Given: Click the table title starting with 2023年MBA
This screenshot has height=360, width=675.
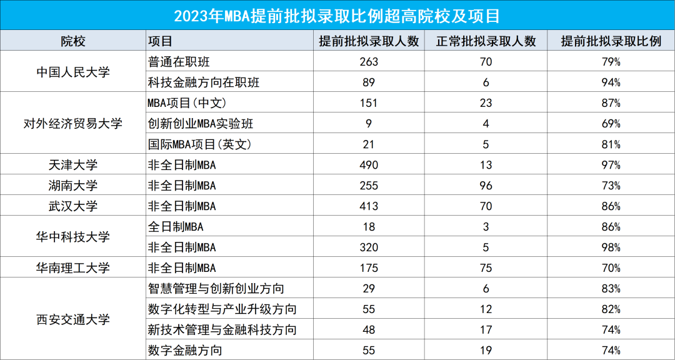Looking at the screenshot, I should coord(337,15).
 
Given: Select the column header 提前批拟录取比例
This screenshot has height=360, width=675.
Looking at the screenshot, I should coord(611,41).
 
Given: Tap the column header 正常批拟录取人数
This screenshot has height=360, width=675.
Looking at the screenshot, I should coord(486,41).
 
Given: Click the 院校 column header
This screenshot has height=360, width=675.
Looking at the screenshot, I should coord(73,41).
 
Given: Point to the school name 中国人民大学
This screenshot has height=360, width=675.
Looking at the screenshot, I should coord(73,72).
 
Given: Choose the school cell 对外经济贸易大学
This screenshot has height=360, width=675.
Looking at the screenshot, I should coord(73,124).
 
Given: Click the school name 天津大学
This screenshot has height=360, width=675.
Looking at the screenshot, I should coord(73,165).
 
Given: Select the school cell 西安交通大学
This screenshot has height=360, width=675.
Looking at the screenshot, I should coord(73,319).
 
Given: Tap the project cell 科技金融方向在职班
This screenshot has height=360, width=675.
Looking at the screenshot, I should coord(204,82).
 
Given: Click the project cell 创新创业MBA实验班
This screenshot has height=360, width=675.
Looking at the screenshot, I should coord(200,124).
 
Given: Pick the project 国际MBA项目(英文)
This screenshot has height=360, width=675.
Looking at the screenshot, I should coord(199,144).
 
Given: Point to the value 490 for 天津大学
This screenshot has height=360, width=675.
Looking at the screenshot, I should coord(369,165).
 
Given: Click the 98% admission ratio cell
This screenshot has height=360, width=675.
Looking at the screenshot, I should coord(611,247).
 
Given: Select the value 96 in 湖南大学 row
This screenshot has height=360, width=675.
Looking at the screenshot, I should coord(486,186).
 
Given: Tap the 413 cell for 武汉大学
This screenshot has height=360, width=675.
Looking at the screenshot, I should coord(369,206).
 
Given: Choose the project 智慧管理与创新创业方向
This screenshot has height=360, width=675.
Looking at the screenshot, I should coord(216,289).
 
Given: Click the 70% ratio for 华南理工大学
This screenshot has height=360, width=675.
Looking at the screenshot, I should coord(611,268).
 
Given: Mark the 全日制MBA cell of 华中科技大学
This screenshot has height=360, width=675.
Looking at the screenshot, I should coord(176,227).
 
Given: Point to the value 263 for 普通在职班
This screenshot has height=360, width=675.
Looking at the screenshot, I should coord(369,62).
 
